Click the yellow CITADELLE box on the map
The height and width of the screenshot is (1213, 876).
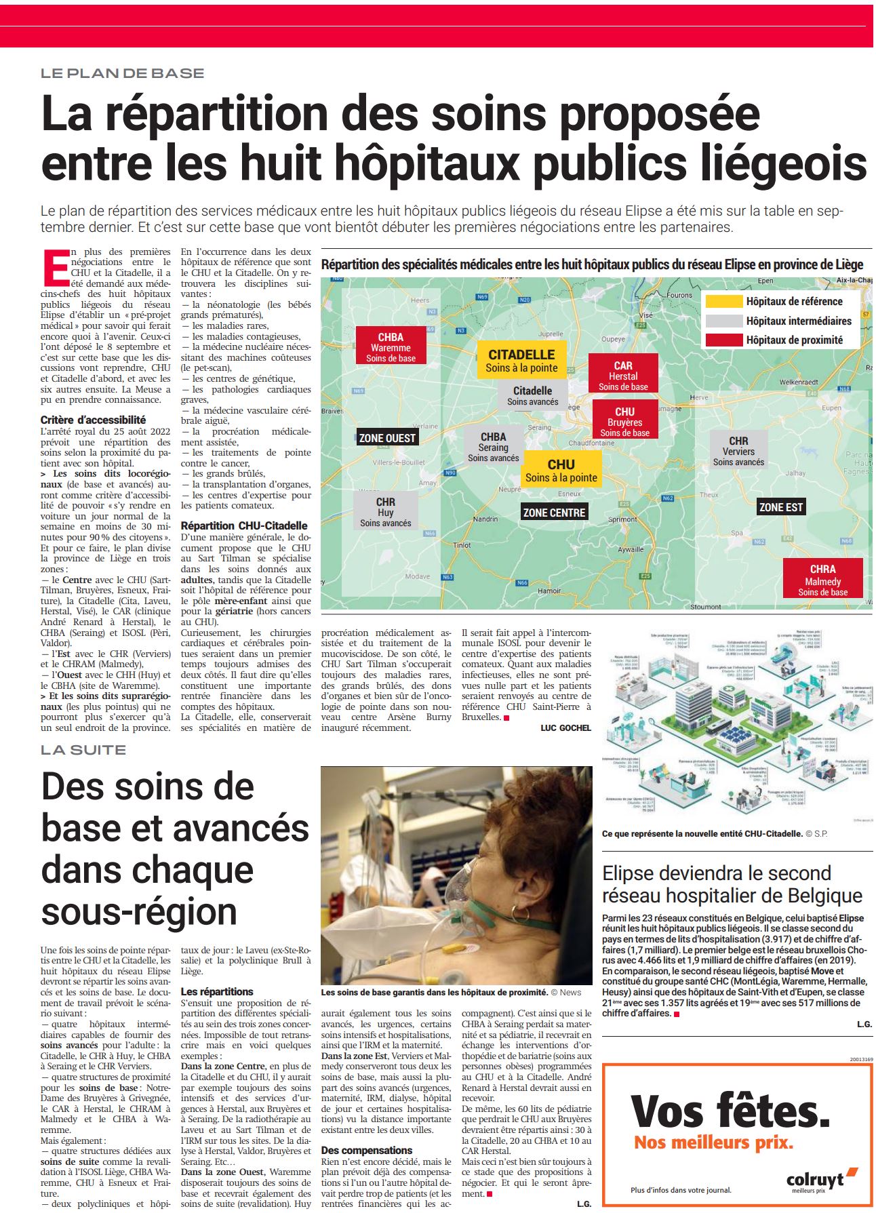pos(521,361)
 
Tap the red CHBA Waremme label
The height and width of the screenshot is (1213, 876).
pos(391,346)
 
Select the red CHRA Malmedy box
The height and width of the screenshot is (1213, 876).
pos(822,580)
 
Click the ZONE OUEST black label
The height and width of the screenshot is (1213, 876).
pos(387,438)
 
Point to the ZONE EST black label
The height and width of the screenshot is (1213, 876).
pos(780,506)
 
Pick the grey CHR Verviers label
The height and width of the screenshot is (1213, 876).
pos(738,451)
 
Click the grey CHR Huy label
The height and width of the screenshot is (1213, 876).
pos(385,512)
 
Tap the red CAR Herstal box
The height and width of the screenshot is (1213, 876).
pos(623,376)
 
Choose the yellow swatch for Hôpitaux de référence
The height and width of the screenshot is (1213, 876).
pos(723,302)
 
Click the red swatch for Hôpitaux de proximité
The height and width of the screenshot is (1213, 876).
pos(723,340)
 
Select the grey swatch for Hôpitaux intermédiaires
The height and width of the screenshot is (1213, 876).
pos(723,321)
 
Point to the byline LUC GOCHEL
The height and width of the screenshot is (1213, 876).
pos(565,728)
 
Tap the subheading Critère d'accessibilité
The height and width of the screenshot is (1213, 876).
pos(93,420)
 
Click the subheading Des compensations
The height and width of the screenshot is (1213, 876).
pos(366,1150)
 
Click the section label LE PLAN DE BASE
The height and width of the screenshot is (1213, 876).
pos(122,73)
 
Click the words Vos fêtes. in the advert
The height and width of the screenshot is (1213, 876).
pos(730,1111)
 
